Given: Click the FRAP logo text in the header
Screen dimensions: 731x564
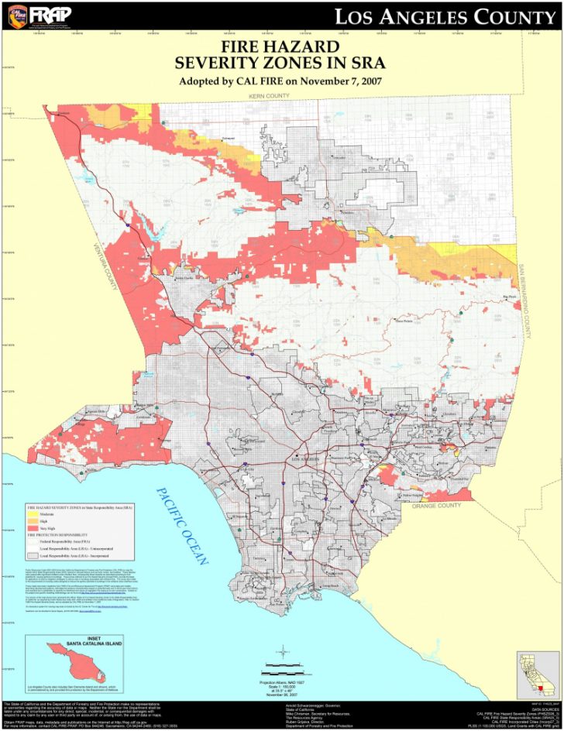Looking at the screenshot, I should pos(50,14).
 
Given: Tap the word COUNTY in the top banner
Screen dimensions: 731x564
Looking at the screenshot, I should pos(512,16).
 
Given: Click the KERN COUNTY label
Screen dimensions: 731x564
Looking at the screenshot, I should pos(269,95).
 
